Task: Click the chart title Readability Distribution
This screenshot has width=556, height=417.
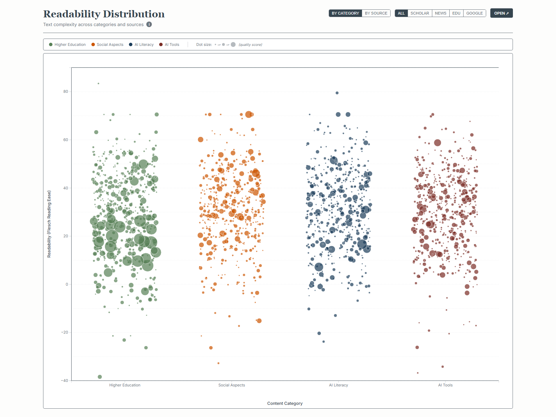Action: click(x=104, y=14)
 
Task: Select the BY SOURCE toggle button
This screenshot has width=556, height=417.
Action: click(x=376, y=13)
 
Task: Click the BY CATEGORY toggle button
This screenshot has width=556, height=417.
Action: click(x=345, y=13)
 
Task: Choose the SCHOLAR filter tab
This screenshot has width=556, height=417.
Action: click(x=419, y=13)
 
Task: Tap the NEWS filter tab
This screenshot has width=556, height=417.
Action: click(x=440, y=13)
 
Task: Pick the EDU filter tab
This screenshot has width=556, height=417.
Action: click(x=456, y=13)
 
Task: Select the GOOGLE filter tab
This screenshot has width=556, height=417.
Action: click(x=474, y=13)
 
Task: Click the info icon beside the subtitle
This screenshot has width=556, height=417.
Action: click(x=149, y=24)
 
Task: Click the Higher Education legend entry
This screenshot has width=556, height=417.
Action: click(x=67, y=44)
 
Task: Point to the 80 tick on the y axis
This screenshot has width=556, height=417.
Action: click(x=66, y=92)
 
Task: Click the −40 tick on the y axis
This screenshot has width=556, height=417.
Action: click(x=65, y=381)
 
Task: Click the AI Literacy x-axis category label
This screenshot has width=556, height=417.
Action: click(x=338, y=385)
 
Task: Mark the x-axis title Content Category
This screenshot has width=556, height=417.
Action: click(x=285, y=403)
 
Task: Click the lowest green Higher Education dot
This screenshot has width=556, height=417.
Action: click(x=100, y=377)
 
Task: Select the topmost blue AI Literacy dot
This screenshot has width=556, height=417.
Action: click(x=337, y=93)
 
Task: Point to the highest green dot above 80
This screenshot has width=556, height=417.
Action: click(x=98, y=83)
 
